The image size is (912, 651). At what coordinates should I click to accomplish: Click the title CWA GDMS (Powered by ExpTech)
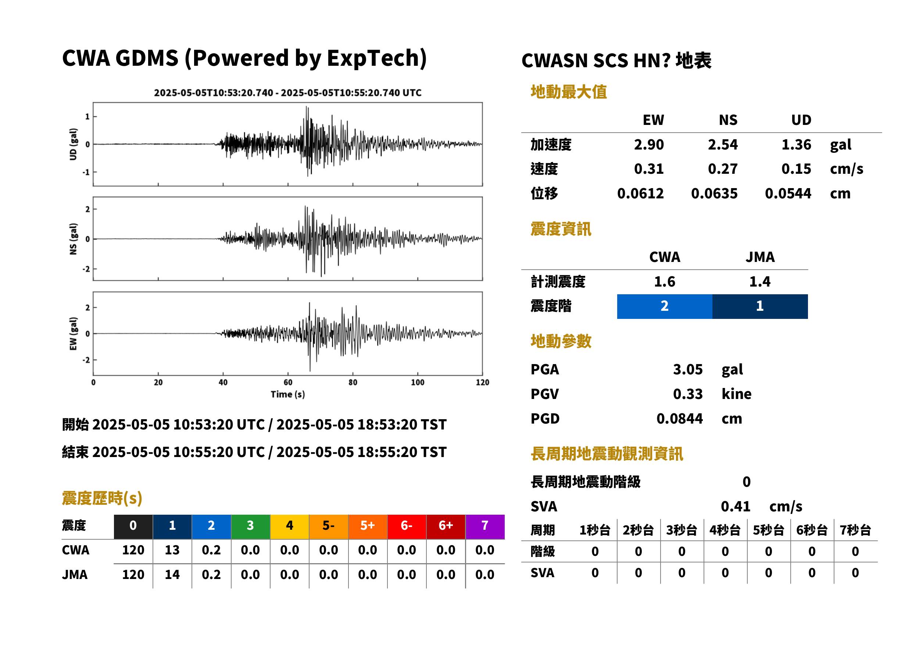(x=244, y=58)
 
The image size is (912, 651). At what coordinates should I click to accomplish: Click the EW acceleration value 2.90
(x=648, y=144)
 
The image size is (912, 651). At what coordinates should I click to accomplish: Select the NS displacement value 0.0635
(x=714, y=194)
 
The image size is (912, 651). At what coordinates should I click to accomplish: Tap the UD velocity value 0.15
(x=796, y=169)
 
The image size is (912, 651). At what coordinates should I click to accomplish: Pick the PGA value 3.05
(x=688, y=369)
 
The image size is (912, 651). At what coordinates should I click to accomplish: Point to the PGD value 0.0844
(x=679, y=418)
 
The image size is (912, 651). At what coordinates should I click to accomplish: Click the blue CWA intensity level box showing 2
(x=665, y=306)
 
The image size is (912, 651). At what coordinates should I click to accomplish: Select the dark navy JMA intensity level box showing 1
(x=760, y=306)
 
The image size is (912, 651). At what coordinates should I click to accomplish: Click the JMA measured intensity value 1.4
(x=759, y=281)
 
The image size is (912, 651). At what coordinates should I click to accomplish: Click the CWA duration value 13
(x=172, y=550)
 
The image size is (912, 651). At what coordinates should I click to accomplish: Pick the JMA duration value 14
(x=172, y=575)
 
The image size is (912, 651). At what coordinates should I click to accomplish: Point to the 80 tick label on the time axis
(x=353, y=382)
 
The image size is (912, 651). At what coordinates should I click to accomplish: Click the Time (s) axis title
(x=287, y=395)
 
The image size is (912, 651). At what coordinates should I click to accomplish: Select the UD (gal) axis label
(x=73, y=144)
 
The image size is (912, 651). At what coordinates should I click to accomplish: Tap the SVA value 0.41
(x=736, y=506)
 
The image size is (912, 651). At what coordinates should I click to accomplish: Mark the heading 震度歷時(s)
(x=102, y=498)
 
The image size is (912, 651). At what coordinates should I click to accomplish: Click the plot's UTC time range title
(x=287, y=93)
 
